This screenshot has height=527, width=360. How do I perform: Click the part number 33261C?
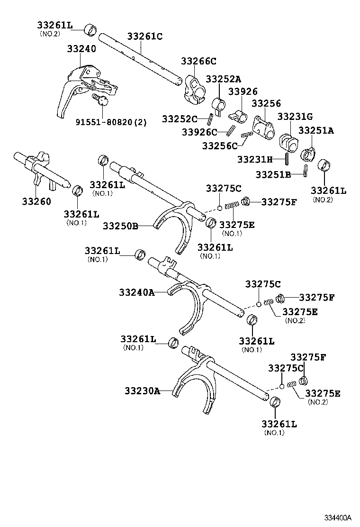point(144,36)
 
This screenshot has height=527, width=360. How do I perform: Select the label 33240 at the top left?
point(81,48)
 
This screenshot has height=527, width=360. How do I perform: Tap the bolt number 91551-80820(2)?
point(111,122)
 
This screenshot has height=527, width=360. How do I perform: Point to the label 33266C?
point(198,61)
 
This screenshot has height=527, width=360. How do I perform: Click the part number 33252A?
point(224,79)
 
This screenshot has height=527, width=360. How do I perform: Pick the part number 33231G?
point(295,116)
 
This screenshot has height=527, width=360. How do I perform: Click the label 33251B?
point(273,174)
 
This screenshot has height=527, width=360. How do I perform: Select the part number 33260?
point(36,201)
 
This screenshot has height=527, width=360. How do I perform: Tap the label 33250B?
point(120,226)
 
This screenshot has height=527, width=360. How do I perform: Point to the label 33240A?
point(137,292)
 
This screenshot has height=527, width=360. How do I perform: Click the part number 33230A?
point(142,391)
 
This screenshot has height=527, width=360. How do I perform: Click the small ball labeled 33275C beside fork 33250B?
point(220,207)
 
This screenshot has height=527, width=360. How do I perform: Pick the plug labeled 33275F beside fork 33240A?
point(280,298)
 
